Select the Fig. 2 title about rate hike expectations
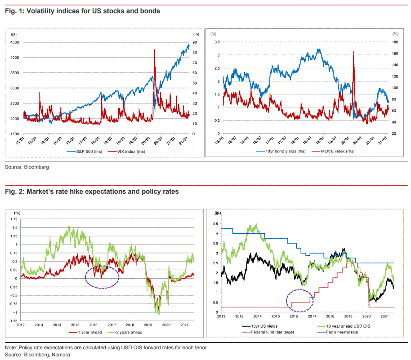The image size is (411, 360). coord(92,191)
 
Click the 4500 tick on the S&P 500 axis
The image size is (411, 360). coord(14,42)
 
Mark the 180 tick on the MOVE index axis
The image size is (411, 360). coord(395,42)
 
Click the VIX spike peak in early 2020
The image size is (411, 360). coord(154,50)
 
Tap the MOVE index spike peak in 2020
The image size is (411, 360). coord(353,52)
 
